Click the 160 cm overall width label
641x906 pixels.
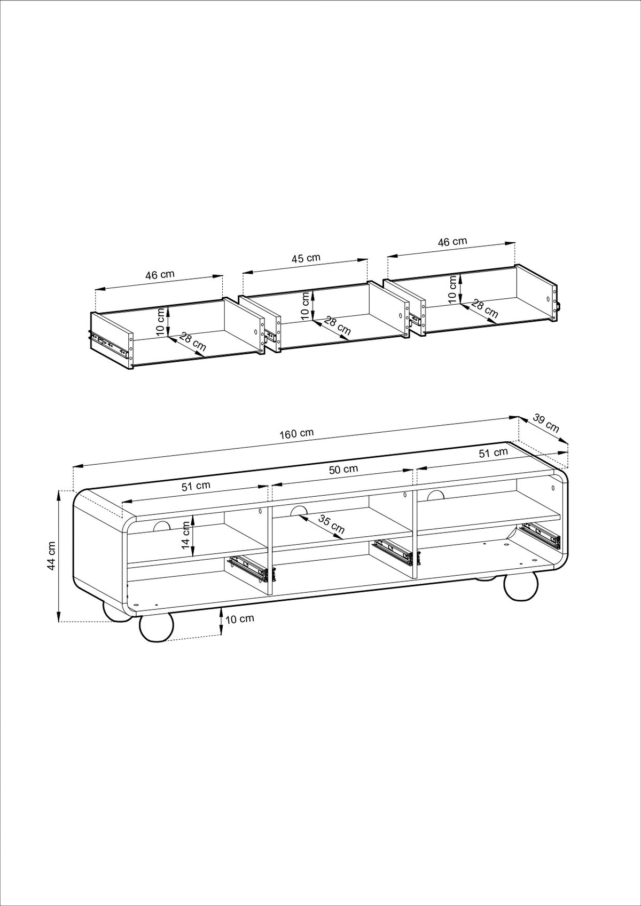[296, 434]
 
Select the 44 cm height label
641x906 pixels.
[51, 556]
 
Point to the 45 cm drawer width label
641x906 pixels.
[306, 258]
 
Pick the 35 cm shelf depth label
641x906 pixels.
[331, 524]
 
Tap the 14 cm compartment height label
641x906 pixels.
[186, 535]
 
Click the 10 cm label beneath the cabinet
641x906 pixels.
[240, 630]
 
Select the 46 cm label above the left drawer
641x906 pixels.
[160, 274]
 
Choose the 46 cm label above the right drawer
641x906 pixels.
[452, 242]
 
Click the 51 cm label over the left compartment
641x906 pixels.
[196, 486]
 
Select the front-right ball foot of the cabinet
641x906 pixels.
[521, 587]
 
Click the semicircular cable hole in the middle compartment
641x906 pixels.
[299, 511]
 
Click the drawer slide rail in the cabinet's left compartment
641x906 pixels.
[250, 568]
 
